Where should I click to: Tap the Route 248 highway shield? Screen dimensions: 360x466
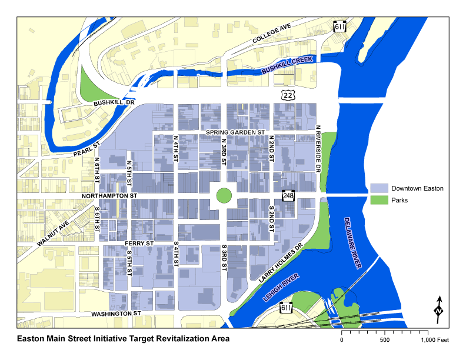coord(288,195)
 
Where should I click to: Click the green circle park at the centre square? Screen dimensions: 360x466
coord(223,195)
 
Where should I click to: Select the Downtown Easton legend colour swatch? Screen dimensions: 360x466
coord(379,188)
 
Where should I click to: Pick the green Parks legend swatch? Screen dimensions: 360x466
coord(379,200)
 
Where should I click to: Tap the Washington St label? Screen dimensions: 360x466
coord(116,314)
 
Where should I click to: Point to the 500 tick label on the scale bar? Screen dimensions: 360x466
coord(385,341)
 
